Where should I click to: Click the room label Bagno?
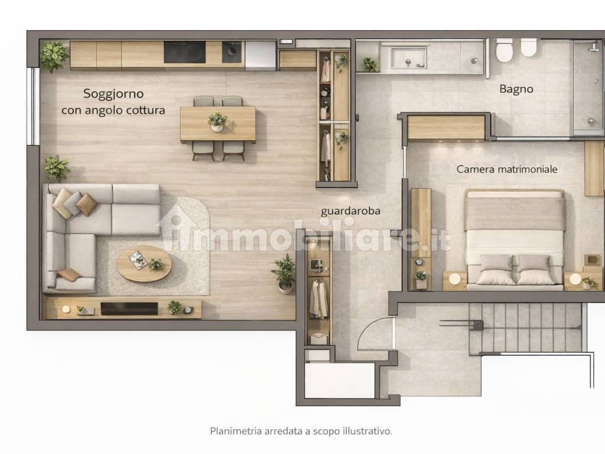[x=516, y=89]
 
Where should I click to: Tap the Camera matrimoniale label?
[x=506, y=169]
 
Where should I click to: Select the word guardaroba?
[x=350, y=211]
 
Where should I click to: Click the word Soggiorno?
[x=113, y=94]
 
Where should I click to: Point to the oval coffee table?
[x=144, y=264]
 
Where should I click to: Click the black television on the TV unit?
[x=129, y=309]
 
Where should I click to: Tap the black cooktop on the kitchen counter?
[x=184, y=52]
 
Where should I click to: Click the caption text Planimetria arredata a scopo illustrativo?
[x=301, y=431]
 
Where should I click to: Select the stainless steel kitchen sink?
[x=232, y=52]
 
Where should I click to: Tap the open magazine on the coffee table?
[x=138, y=260]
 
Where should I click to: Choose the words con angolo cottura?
[x=113, y=111]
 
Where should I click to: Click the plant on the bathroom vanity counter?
[x=370, y=64]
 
